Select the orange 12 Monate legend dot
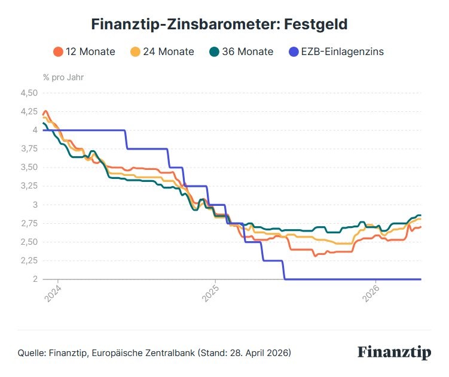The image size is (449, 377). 58,51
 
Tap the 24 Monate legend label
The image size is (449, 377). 169,51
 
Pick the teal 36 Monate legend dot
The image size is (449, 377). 215,51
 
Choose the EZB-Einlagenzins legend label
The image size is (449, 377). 343,51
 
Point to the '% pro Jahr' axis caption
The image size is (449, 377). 63,77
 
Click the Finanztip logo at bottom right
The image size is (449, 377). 394,352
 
